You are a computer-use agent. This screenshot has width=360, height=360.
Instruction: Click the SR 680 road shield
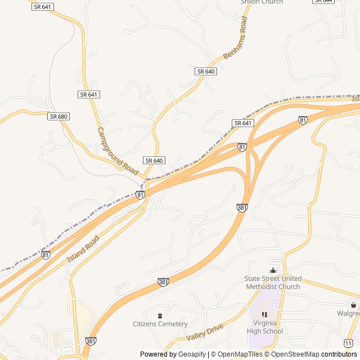[x=58, y=116]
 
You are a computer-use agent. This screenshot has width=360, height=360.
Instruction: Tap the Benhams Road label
[x=236, y=38]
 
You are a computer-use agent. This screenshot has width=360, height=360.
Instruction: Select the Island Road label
[x=83, y=249]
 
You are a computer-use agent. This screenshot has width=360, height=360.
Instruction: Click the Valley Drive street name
[x=205, y=332]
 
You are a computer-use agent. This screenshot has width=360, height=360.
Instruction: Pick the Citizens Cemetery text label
[x=160, y=324]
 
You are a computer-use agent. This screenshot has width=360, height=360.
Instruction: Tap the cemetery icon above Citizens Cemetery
[x=160, y=315]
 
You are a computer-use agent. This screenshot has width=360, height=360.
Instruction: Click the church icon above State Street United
[x=273, y=270]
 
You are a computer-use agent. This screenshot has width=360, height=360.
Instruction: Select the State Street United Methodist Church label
[x=273, y=282]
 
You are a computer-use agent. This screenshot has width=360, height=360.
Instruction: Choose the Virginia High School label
[x=265, y=327]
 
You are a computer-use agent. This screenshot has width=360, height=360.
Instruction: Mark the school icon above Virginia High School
[x=265, y=314]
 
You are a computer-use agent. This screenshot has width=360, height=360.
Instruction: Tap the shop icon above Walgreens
[x=353, y=304]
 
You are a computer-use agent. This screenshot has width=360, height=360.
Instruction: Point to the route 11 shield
[x=348, y=342]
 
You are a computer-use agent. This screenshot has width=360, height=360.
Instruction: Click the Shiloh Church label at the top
[x=262, y=2]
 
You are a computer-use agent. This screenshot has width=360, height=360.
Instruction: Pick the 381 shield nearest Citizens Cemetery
[x=163, y=282]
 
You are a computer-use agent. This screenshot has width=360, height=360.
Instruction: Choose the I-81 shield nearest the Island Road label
[x=46, y=255]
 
